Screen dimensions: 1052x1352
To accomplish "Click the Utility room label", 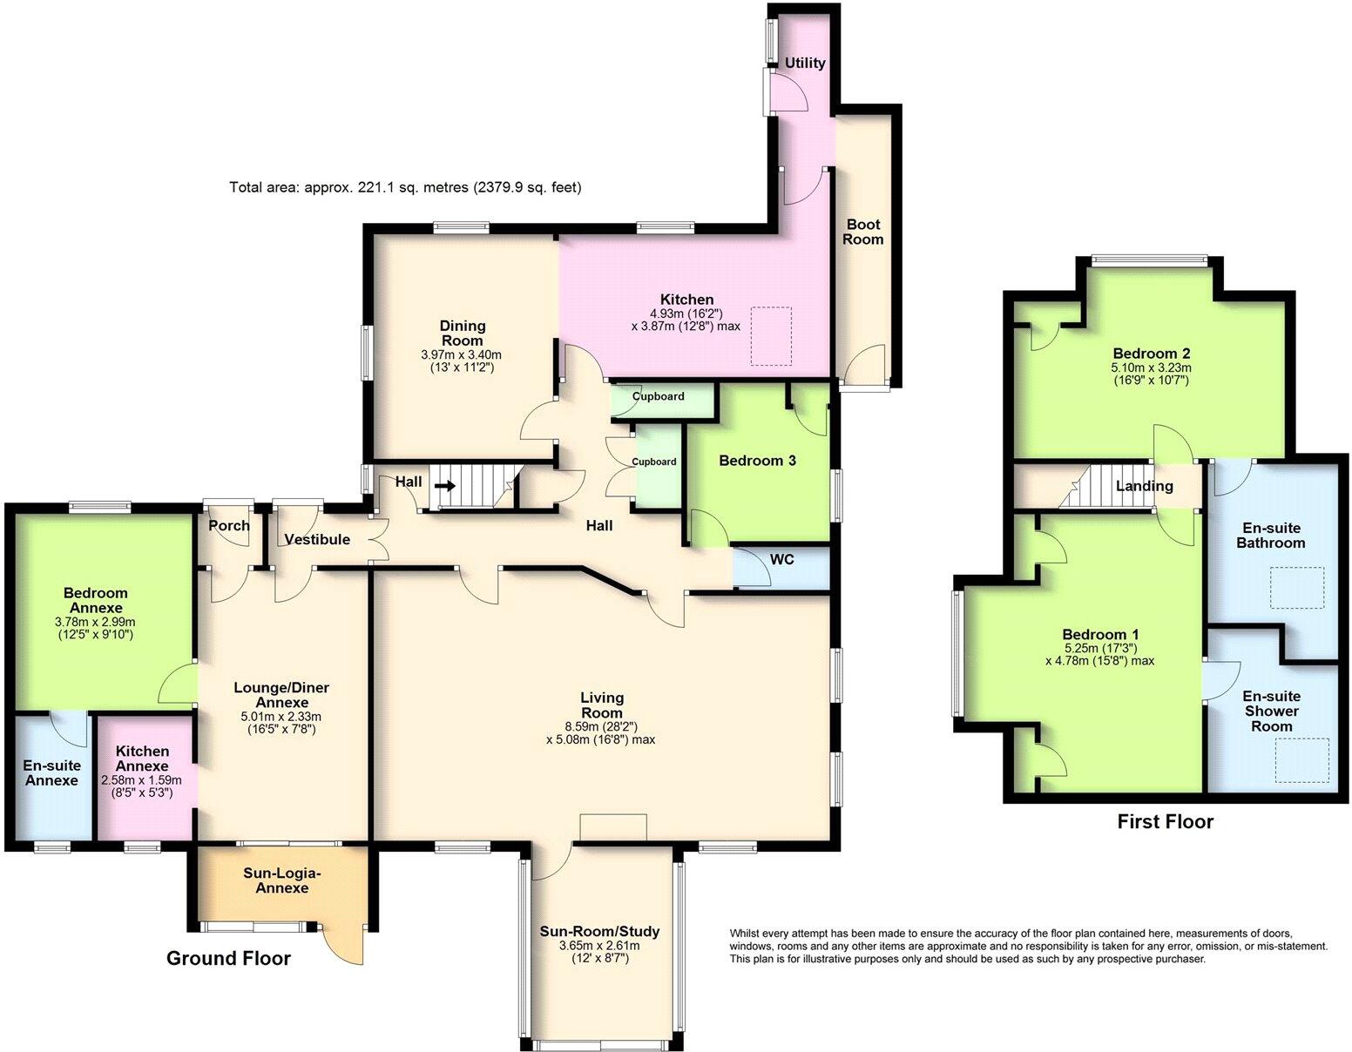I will pyautogui.click(x=804, y=63).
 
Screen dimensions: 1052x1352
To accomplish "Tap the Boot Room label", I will pyautogui.click(x=862, y=232).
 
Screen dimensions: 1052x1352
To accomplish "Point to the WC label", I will pyautogui.click(x=781, y=559).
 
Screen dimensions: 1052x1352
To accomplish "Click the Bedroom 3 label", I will pyautogui.click(x=757, y=461).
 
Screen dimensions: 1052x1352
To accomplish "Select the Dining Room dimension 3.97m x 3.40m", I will pyautogui.click(x=461, y=355).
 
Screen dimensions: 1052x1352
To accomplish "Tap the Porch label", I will pyautogui.click(x=229, y=525).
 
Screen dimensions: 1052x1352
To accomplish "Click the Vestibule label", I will pyautogui.click(x=318, y=539).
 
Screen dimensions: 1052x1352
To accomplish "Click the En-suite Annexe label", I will pyautogui.click(x=51, y=772).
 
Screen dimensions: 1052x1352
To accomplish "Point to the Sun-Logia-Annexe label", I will pyautogui.click(x=281, y=880).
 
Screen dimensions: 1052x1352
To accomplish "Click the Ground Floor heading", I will pyautogui.click(x=228, y=959).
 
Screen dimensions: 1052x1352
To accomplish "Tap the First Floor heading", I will pyautogui.click(x=1165, y=821).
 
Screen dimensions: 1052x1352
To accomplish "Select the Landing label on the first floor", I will pyautogui.click(x=1144, y=486).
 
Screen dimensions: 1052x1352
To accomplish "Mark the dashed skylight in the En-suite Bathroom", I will pyautogui.click(x=1297, y=587).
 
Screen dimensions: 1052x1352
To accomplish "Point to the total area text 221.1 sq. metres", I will pyautogui.click(x=405, y=187).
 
